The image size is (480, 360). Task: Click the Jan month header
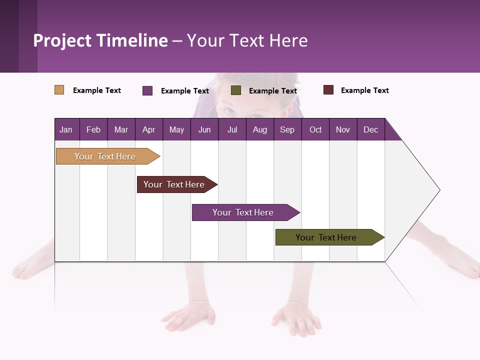point(66,129)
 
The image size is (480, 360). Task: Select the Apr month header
point(148,129)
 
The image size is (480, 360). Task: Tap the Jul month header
point(232,129)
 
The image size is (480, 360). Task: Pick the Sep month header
point(287,129)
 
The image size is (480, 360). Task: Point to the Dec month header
point(370,129)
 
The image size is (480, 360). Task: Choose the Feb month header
point(93,129)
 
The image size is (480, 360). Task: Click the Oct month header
point(315,129)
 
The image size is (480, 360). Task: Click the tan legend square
point(59,90)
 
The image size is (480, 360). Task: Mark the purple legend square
point(147,90)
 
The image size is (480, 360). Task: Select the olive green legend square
point(236,90)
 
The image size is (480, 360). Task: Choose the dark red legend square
point(328,90)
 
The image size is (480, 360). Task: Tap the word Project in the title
point(63,40)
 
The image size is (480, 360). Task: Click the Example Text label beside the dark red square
point(364,90)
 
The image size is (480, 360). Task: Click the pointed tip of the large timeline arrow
point(438,190)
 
